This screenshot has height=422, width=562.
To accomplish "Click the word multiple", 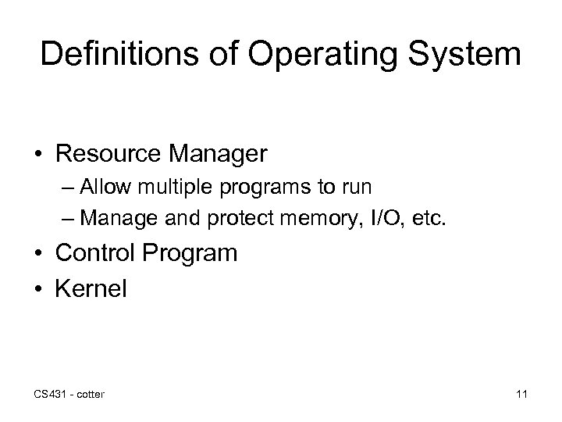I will (169, 190).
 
